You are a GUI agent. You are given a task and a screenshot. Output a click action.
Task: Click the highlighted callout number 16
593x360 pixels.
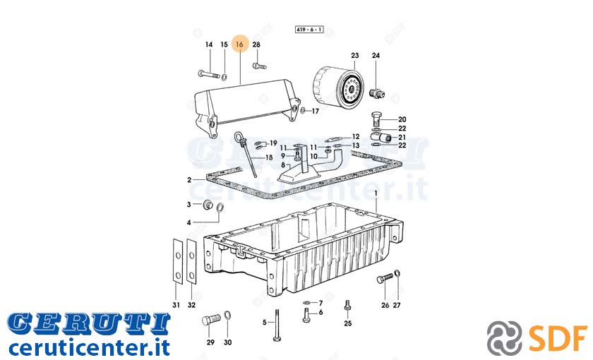coord(239,44)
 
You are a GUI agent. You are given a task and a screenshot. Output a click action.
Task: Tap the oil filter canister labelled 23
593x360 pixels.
coord(338,86)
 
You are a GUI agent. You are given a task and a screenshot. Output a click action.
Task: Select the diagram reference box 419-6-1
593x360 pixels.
coord(309,29)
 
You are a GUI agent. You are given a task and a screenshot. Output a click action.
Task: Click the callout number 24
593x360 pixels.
coord(376,55)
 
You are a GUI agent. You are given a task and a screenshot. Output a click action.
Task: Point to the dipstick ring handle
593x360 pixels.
coord(239,136)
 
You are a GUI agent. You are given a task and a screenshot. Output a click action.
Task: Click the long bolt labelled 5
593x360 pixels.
coord(277,325)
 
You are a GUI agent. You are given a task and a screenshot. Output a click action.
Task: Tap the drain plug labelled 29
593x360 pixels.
coord(210,320)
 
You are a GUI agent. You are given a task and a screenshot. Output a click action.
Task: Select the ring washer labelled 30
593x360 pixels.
coord(227,316)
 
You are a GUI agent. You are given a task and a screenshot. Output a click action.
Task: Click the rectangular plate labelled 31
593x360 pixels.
coord(177,261)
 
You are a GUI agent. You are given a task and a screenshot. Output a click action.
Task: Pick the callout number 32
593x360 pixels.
coord(192,305)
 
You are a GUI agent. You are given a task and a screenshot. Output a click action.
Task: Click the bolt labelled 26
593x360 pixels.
coord(385,279)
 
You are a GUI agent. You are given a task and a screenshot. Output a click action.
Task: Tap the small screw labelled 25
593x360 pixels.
coord(347,306)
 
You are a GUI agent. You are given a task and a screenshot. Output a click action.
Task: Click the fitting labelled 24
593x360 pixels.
coord(377,93)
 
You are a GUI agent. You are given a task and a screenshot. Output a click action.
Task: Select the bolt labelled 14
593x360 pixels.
coord(209,74)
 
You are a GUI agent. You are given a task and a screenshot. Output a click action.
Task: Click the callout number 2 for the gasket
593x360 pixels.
coord(189,180)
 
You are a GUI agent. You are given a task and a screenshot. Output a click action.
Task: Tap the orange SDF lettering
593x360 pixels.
coord(558,338)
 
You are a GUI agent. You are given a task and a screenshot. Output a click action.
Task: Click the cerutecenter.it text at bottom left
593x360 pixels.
coord(89,347)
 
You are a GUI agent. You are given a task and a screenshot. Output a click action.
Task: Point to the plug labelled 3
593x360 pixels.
coord(208,205)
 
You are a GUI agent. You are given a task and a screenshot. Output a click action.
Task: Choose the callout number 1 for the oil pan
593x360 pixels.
coord(376,193)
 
